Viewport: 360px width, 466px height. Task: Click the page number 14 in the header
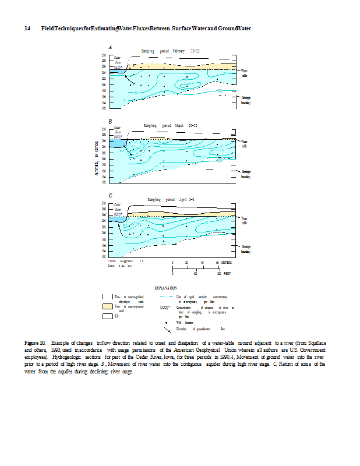click(x=27, y=29)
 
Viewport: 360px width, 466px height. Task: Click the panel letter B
click(x=110, y=121)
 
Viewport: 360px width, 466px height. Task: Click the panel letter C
click(x=110, y=195)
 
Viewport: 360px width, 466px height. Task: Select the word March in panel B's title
click(x=179, y=125)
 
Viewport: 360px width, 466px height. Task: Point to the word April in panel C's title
click(x=181, y=199)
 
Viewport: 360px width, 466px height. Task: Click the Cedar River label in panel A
click(x=118, y=59)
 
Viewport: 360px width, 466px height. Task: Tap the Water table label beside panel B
click(x=245, y=143)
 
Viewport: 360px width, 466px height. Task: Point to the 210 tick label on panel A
click(x=104, y=55)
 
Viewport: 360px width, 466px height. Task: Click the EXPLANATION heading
click(x=166, y=288)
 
